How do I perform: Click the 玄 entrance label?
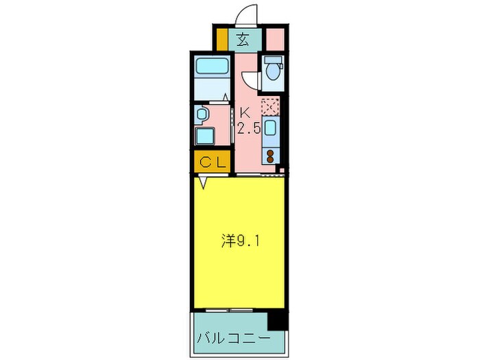[x=243, y=38]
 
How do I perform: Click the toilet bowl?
[x=273, y=71]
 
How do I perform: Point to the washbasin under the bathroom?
[x=204, y=112]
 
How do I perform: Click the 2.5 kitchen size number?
[x=248, y=128]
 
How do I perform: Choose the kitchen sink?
[x=270, y=129]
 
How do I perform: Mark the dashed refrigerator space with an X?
[x=270, y=107]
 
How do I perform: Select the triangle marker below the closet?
[x=204, y=182]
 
